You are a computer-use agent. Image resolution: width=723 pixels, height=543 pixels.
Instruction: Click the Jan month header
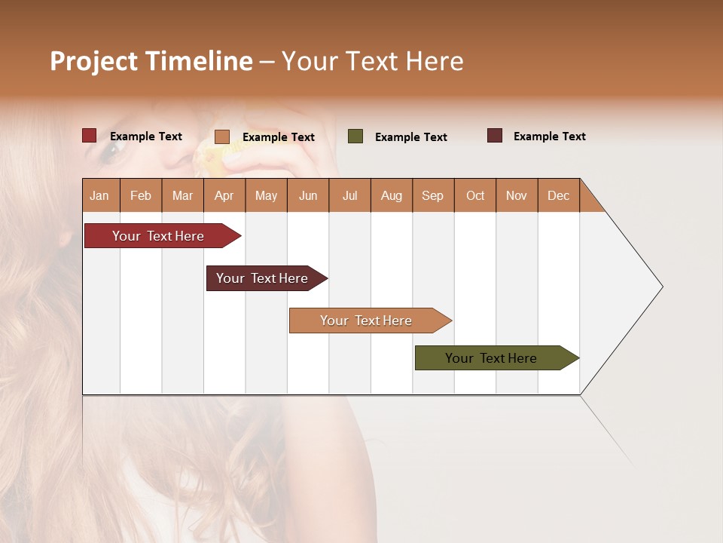99,195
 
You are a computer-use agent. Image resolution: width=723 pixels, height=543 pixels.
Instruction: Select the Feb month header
141,195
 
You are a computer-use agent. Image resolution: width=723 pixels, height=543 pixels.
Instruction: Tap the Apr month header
224,195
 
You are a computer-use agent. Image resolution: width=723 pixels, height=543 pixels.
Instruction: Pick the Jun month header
308,195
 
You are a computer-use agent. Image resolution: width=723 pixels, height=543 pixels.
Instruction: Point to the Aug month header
391,195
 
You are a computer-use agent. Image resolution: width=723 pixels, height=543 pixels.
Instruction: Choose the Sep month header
432,195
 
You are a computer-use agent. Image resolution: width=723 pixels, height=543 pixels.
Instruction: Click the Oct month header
475,195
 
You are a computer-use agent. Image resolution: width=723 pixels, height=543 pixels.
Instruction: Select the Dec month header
558,195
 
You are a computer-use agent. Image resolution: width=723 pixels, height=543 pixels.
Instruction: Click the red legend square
90,136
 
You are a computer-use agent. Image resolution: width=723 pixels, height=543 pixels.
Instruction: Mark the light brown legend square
222,137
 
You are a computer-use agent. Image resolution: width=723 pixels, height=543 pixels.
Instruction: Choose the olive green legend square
355,137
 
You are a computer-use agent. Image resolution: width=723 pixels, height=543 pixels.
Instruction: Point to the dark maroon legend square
495,136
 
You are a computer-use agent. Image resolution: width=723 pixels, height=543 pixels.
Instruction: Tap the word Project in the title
94,61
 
